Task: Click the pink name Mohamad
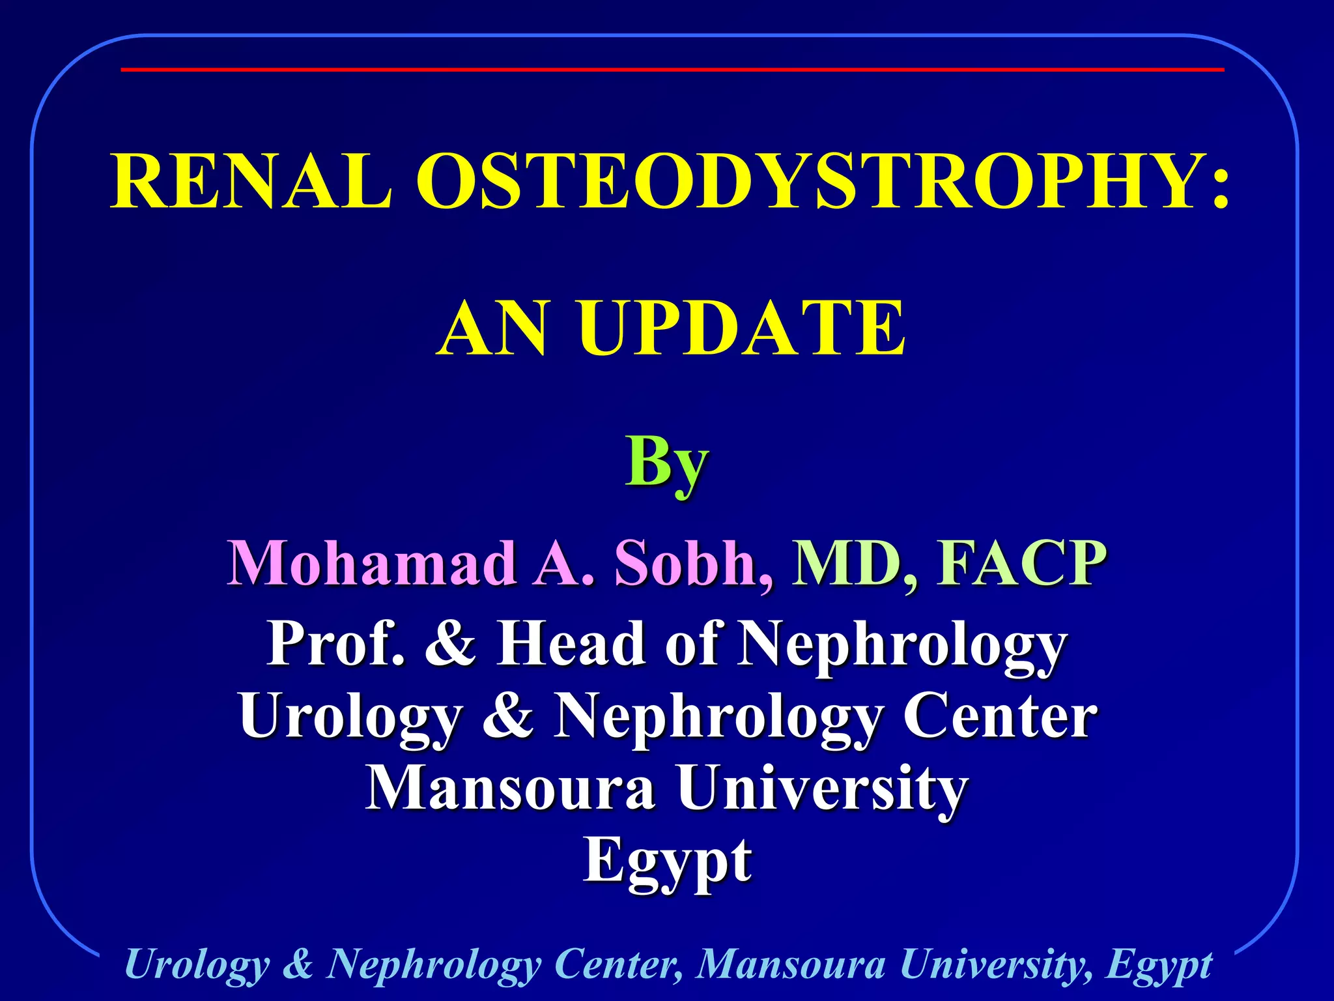(372, 563)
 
